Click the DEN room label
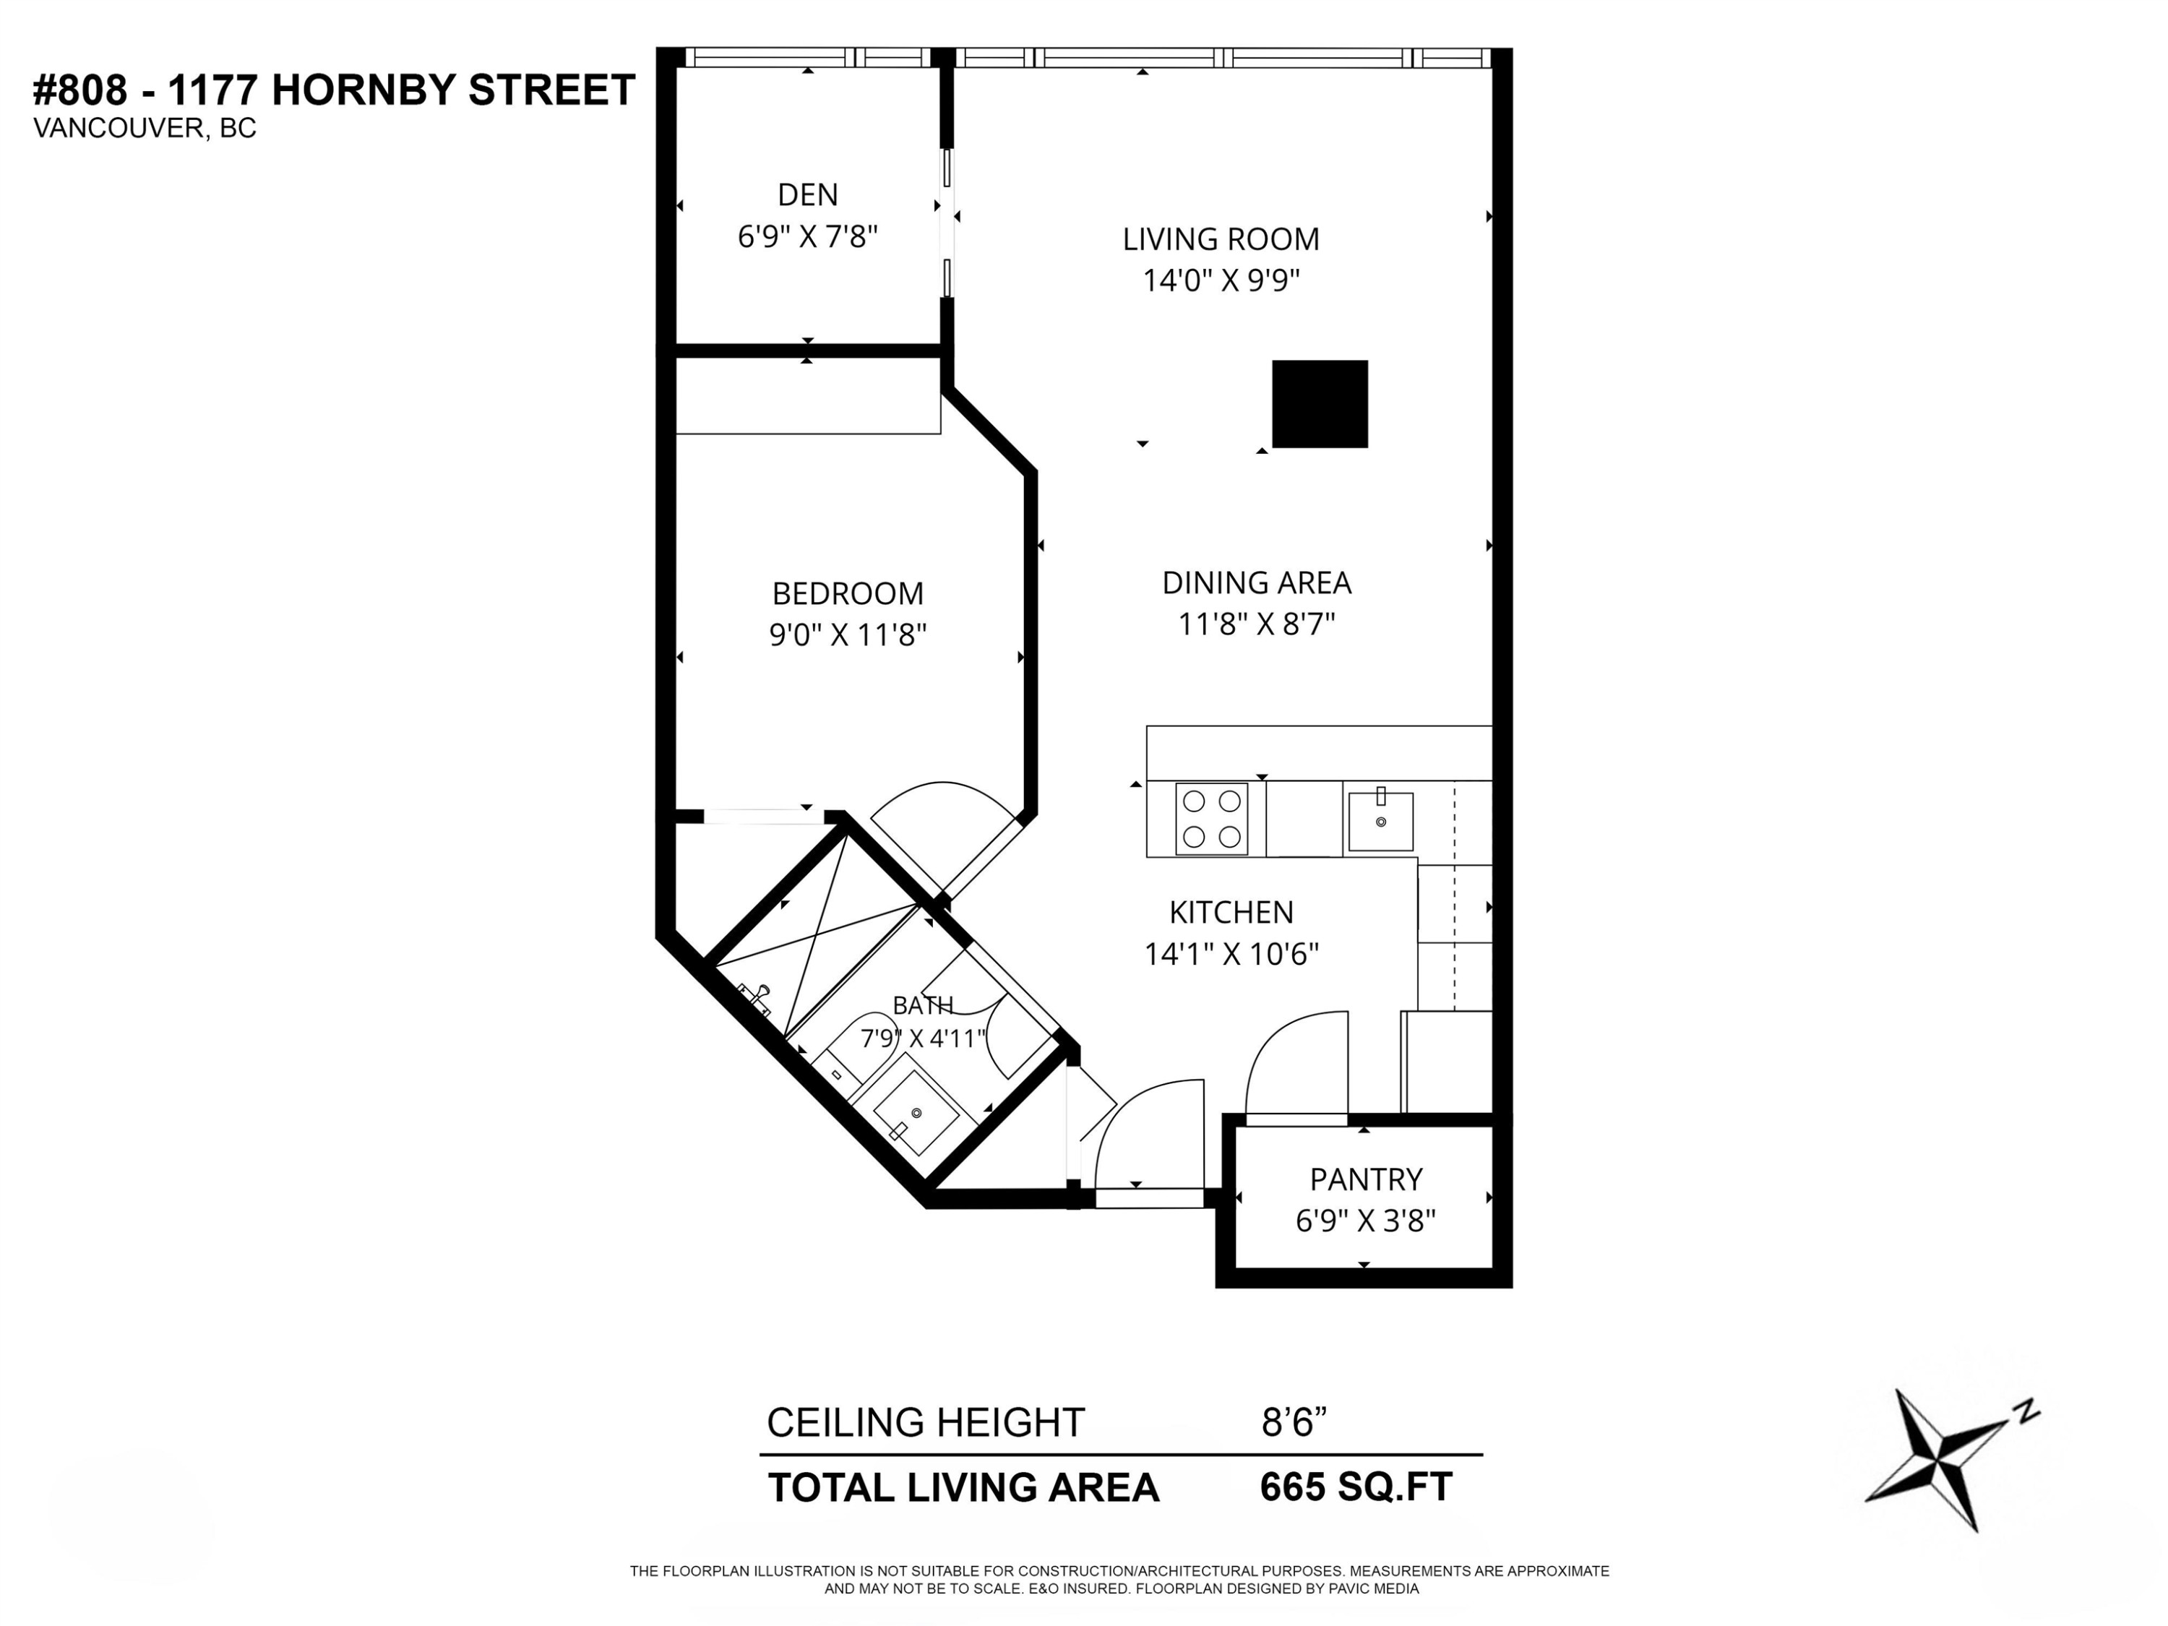pos(808,194)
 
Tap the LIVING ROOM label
pos(1221,239)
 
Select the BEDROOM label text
pos(848,594)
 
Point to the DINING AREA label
pos(1257,583)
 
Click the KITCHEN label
pos(1231,913)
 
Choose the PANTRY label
pos(1365,1179)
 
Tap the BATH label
pos(922,1005)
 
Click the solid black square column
pos(1319,404)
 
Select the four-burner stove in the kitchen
pos(1211,818)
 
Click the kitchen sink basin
pos(1380,822)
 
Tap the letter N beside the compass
pos(2027,1411)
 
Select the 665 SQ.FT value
pos(1356,1487)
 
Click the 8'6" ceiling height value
pos(1294,1421)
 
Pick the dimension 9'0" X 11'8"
pos(848,635)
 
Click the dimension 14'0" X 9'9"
pos(1221,280)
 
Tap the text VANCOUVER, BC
pos(145,129)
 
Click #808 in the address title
pos(80,90)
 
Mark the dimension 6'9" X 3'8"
pos(1365,1221)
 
